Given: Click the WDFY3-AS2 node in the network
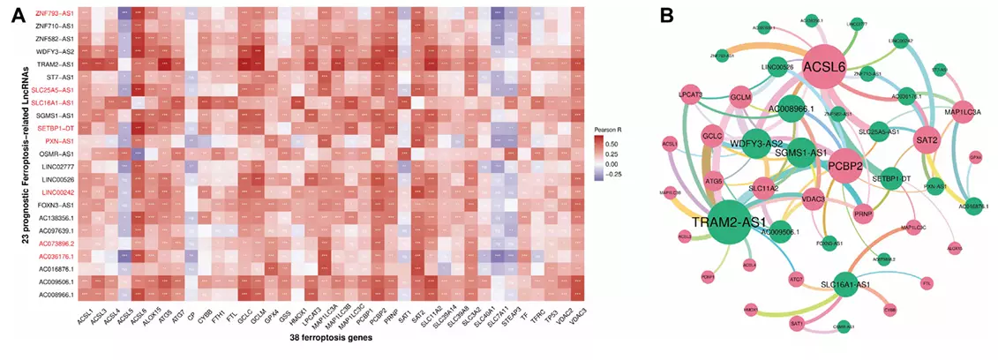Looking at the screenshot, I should tap(756, 143).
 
